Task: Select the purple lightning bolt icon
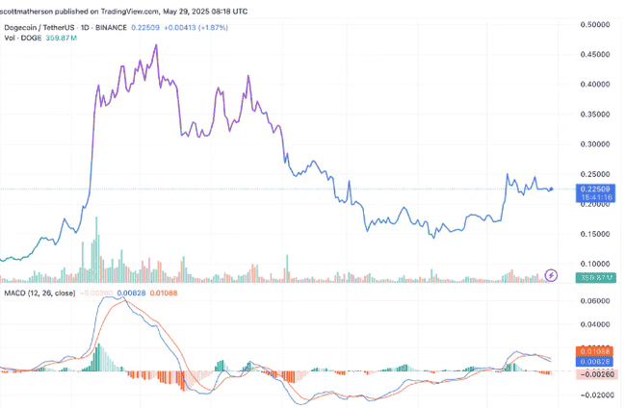(x=552, y=275)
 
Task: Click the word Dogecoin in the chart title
(x=25, y=28)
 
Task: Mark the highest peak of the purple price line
(x=156, y=45)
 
